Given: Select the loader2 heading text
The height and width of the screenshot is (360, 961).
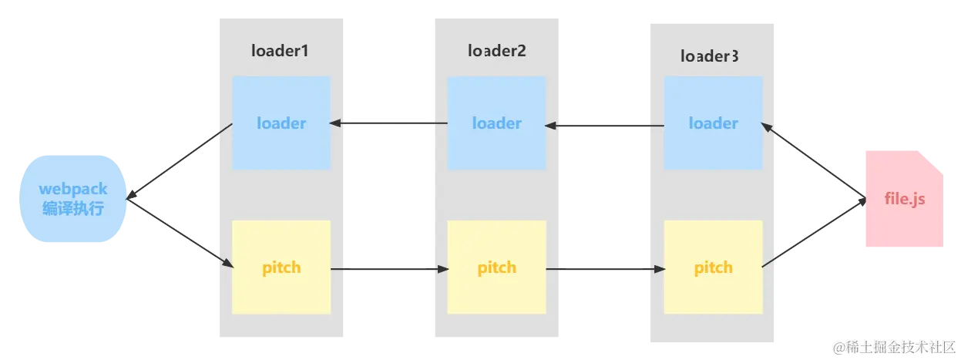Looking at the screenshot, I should (x=497, y=51).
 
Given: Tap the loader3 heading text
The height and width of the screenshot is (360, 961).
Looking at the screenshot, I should (x=710, y=56).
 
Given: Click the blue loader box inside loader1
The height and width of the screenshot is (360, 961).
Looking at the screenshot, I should (x=281, y=123).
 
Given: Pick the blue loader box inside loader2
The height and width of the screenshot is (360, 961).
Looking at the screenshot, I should (x=497, y=123).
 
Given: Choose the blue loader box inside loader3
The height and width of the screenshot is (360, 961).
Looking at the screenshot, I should (x=713, y=123).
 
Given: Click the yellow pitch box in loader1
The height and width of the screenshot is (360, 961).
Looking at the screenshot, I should (x=281, y=267).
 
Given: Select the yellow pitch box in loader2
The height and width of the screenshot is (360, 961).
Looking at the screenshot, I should (x=497, y=267).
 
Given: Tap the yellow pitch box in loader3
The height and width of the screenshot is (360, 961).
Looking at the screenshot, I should (x=713, y=267).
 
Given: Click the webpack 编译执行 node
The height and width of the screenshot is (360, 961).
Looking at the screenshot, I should (x=72, y=199).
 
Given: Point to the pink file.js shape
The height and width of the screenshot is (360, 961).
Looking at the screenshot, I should (x=903, y=200).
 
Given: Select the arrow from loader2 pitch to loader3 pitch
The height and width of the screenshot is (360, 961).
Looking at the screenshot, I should (x=606, y=269).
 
